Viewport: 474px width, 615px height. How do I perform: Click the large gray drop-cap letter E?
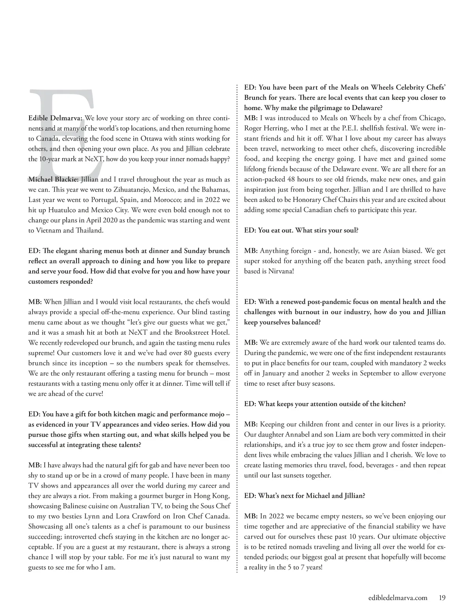[x=63, y=130]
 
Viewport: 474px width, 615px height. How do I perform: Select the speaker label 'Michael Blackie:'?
[x=53, y=180]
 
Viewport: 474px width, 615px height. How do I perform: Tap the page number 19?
[x=442, y=598]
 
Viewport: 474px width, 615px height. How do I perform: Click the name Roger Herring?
[x=265, y=128]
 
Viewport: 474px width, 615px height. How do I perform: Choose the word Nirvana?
[x=282, y=271]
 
